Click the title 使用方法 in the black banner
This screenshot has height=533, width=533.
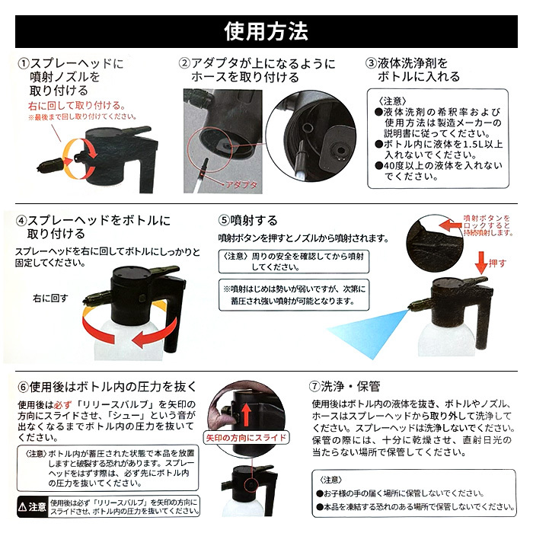point(266,31)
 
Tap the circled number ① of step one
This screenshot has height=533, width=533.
point(24,63)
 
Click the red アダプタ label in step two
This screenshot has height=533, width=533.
point(241,185)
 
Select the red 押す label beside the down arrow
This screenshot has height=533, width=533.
point(498,263)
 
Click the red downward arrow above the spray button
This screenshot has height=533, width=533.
point(481,263)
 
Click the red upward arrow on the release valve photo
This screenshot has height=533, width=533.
point(246,413)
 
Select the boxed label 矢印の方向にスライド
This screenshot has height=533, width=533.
point(246,437)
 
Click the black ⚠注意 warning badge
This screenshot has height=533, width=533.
point(32,507)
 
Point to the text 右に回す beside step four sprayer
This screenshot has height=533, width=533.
point(51,298)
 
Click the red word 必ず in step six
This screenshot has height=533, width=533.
point(63,405)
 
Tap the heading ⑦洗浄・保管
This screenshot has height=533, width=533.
point(344,387)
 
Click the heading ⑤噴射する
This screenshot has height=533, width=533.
point(247,220)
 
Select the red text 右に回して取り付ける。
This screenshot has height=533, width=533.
point(77,105)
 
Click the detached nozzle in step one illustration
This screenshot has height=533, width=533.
point(51,165)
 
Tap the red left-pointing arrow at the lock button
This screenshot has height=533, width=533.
point(451,225)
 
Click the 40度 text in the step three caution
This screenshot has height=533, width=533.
point(394,166)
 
